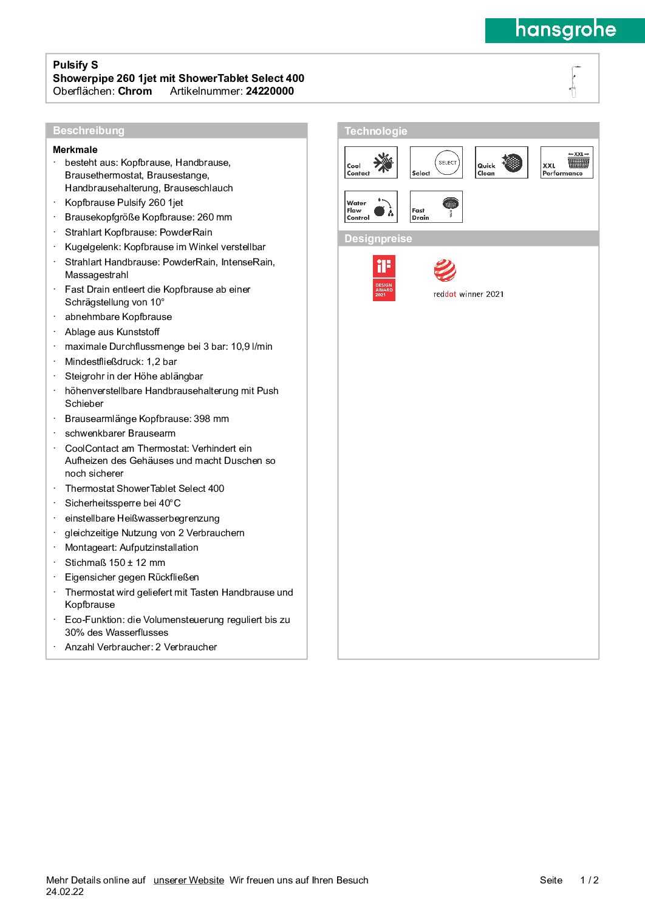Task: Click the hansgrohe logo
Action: tap(565, 30)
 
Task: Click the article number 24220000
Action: tap(270, 91)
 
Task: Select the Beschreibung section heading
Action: tap(89, 131)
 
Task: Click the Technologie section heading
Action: tap(376, 131)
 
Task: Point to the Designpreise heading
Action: tap(378, 239)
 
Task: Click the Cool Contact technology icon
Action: tap(371, 163)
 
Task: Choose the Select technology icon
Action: tap(436, 163)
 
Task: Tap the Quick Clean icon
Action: tap(501, 163)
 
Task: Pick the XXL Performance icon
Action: tap(567, 163)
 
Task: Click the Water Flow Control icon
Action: tap(371, 207)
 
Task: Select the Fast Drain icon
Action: tap(436, 207)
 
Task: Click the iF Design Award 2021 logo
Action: tap(384, 278)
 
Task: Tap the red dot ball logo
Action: tap(445, 271)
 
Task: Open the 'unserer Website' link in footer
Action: tap(189, 880)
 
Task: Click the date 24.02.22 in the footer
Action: tap(65, 891)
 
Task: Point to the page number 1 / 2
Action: tap(589, 880)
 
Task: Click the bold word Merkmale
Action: tap(75, 149)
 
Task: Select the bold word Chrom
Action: tap(135, 91)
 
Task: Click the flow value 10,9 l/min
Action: tap(251, 347)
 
